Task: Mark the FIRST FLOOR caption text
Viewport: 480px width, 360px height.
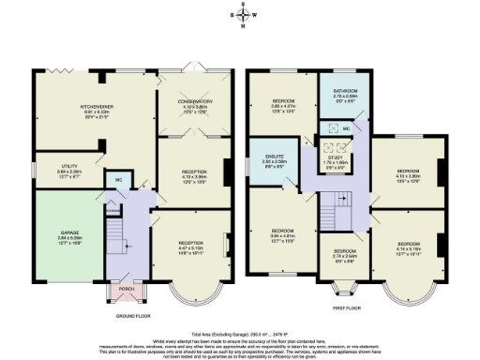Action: [x=347, y=306]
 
